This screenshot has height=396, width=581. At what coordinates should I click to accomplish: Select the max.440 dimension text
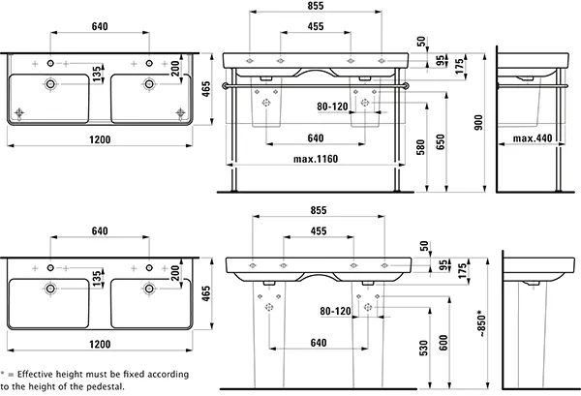532,138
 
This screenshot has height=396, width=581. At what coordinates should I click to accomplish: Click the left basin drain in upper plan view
50,85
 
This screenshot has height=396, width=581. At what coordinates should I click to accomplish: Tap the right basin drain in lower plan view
149,287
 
